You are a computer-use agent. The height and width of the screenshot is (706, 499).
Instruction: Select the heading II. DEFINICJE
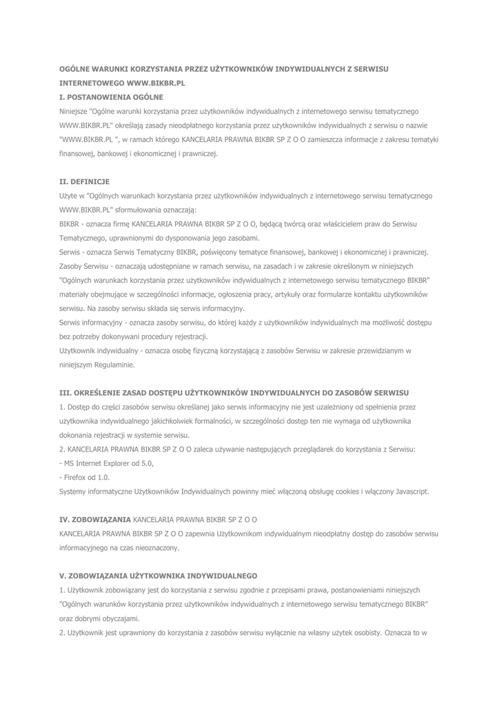(85, 182)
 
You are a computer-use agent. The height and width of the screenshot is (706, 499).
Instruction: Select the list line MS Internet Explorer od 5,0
(107, 463)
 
